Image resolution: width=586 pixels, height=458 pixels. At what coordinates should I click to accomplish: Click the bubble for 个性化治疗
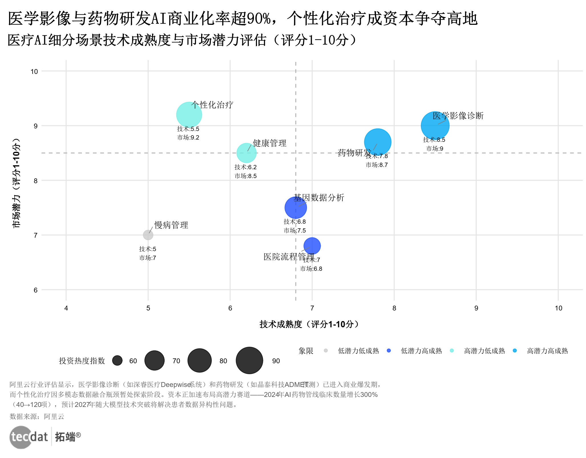(189, 115)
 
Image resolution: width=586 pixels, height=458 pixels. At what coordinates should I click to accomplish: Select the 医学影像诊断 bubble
(435, 126)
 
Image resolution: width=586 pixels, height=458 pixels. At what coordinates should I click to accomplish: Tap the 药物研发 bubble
(377, 142)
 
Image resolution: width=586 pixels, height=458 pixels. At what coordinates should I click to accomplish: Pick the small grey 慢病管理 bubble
(148, 235)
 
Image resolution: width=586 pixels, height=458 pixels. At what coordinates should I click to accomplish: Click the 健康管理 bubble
(246, 153)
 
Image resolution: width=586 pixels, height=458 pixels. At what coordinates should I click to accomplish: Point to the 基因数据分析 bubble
(296, 208)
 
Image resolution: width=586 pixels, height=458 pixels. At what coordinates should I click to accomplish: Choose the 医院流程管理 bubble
(312, 246)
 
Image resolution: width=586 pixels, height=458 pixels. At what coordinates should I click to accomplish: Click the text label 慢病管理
(171, 225)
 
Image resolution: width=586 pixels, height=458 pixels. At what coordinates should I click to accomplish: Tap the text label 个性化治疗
(212, 105)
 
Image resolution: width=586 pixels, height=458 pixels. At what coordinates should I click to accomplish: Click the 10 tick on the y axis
(34, 71)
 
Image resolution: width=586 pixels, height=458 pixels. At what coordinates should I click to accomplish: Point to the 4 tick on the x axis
(66, 308)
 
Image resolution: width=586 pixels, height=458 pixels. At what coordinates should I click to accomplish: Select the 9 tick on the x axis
(476, 308)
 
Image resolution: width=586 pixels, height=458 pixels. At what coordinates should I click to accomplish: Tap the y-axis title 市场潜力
(16, 183)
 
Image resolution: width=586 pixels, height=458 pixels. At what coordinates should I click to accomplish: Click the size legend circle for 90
(249, 360)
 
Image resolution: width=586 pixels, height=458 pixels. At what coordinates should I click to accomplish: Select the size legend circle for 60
(117, 360)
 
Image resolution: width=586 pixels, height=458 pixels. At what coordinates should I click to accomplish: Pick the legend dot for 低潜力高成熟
(389, 350)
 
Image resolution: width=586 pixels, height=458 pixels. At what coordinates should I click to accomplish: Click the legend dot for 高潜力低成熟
(452, 350)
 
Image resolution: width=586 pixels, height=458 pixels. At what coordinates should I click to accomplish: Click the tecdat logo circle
(21, 437)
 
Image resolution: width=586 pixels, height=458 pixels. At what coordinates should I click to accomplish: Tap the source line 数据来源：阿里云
(37, 417)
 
